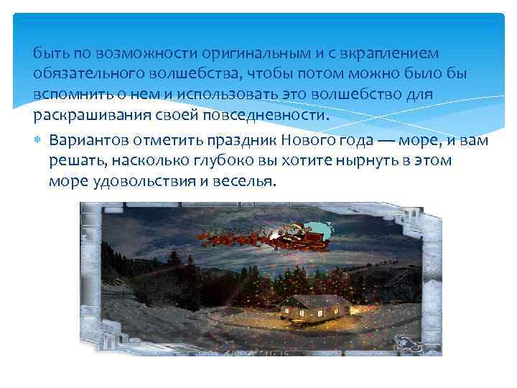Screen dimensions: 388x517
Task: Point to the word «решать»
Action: click(75, 160)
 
